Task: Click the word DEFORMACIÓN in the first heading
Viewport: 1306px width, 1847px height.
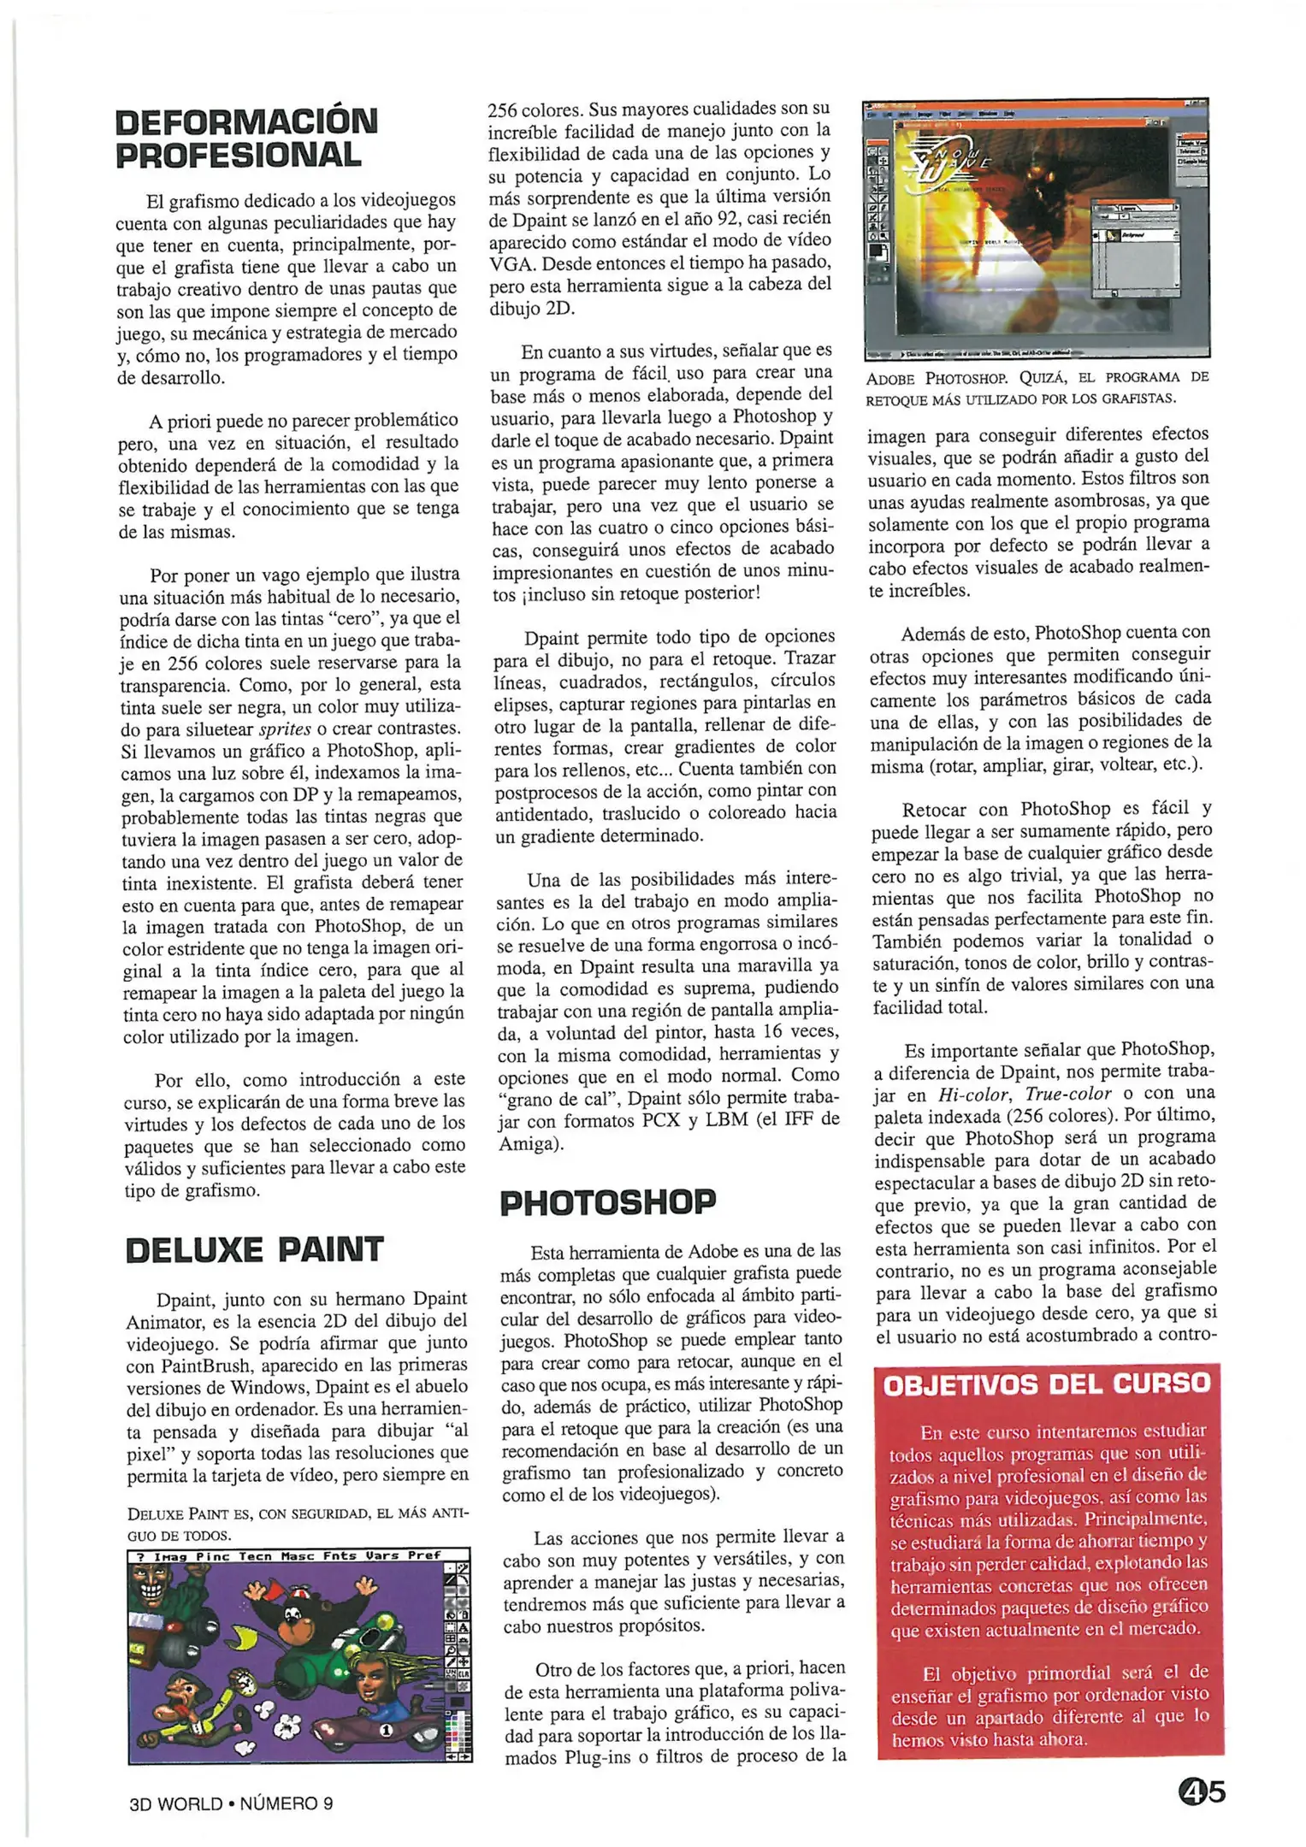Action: click(246, 121)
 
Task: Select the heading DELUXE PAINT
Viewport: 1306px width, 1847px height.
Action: click(254, 1249)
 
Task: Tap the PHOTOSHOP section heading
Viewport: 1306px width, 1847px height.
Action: click(607, 1202)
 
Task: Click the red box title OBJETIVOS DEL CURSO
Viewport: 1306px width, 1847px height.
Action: click(1047, 1384)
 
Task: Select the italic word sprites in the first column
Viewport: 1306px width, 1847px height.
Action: click(285, 729)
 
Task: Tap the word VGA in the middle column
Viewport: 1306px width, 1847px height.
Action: click(511, 263)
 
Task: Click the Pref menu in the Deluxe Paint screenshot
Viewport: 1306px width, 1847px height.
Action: click(424, 1555)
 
